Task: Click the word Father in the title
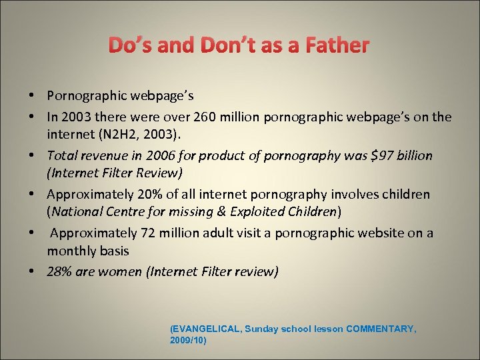337,45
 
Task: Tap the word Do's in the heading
129,45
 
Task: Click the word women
117,271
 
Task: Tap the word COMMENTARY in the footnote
381,329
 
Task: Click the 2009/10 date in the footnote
188,340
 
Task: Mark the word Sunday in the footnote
267,329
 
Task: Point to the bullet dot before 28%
33,272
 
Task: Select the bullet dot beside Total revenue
33,156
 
